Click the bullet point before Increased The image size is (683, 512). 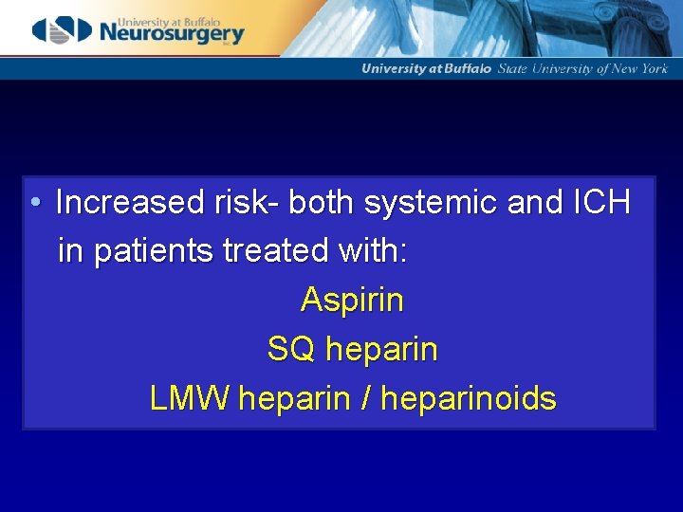tap(34, 203)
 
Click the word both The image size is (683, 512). tap(321, 203)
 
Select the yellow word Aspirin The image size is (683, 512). tap(352, 301)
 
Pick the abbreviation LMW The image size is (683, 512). tap(190, 399)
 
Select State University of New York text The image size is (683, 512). tap(582, 69)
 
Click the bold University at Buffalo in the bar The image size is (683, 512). tap(427, 69)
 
